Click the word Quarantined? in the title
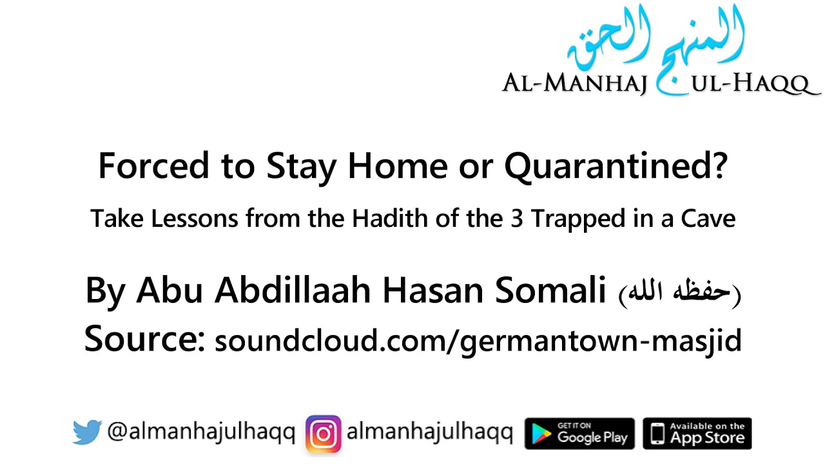tap(616, 167)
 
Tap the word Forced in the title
tap(154, 166)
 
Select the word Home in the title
tap(397, 166)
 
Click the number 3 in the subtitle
tap(516, 219)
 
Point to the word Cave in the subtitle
tap(708, 219)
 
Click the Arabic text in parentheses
tap(680, 293)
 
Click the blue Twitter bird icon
tap(87, 432)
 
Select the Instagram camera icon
tap(323, 433)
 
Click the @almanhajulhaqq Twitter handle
tap(201, 432)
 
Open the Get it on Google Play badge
tap(579, 433)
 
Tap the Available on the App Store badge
tap(697, 433)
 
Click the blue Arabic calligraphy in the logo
tap(657, 42)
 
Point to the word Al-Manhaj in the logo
tap(574, 84)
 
